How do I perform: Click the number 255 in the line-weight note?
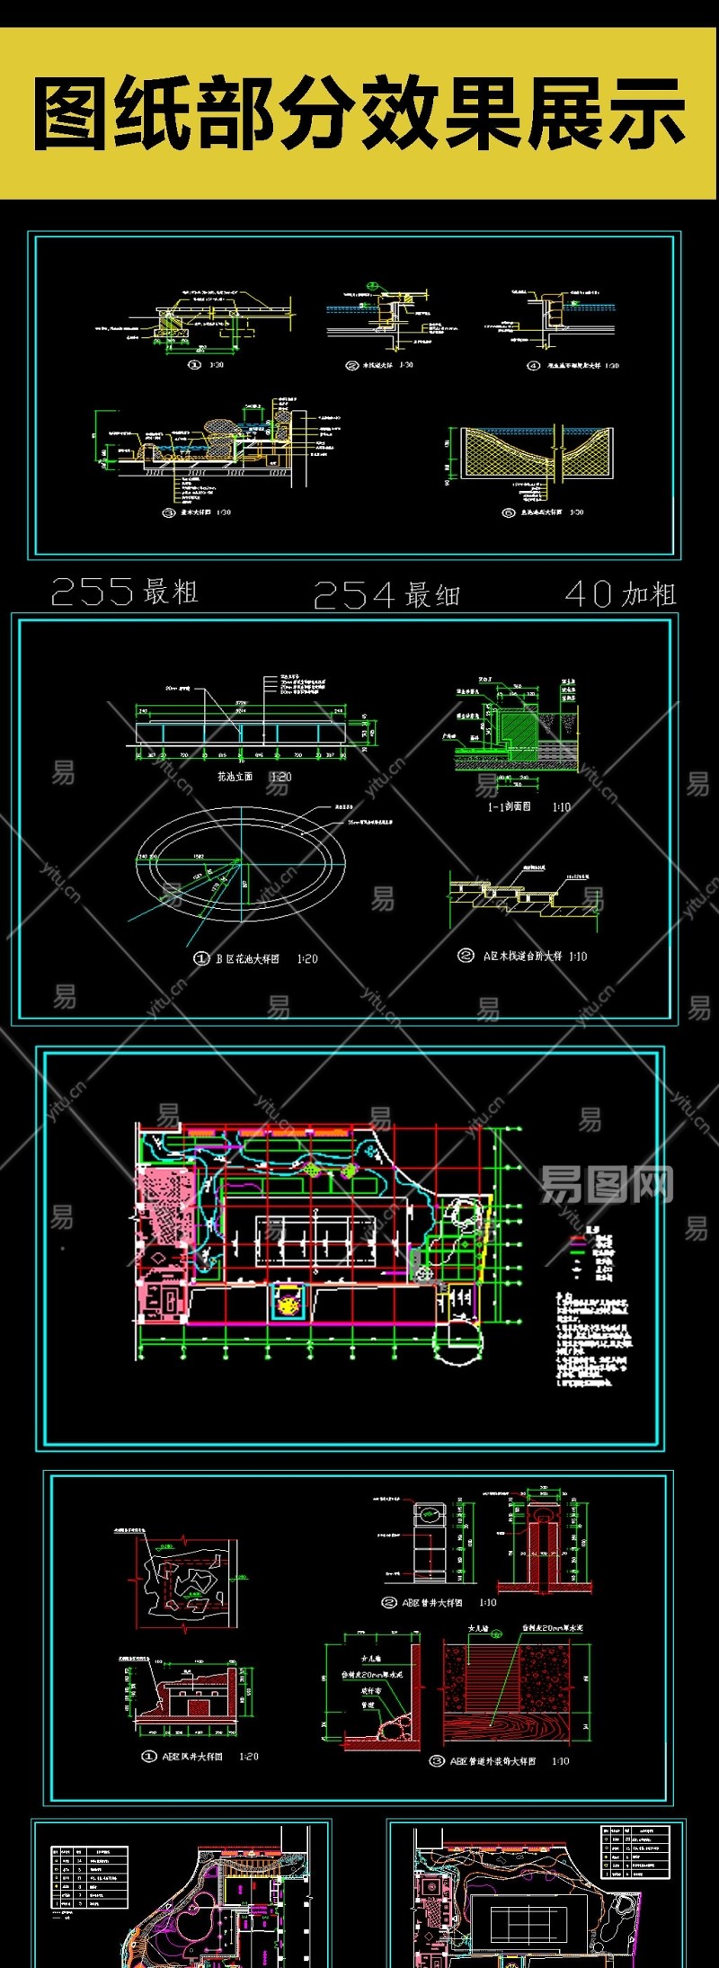click(93, 592)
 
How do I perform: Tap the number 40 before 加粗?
click(589, 593)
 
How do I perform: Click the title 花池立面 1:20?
click(254, 776)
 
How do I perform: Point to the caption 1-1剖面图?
click(510, 806)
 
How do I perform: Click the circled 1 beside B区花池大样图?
click(201, 958)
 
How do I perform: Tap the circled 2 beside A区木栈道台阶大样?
click(466, 955)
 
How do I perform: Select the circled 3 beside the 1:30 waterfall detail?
click(168, 512)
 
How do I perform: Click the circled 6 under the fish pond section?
click(509, 512)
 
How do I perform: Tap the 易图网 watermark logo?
click(606, 1184)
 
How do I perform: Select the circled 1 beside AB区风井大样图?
click(149, 1756)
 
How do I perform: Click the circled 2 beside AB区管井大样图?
click(389, 1602)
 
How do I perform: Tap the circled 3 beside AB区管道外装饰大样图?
click(437, 1761)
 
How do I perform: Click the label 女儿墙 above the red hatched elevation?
click(478, 1628)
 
